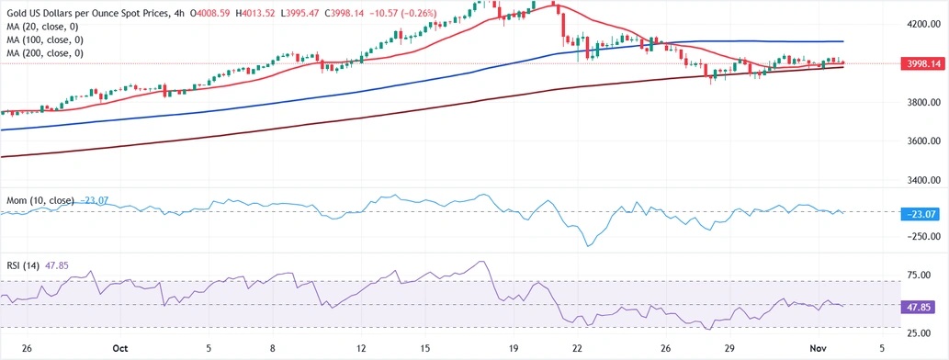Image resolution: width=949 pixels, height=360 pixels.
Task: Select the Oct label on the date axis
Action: (119, 349)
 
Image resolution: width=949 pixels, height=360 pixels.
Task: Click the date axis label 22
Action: (577, 349)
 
